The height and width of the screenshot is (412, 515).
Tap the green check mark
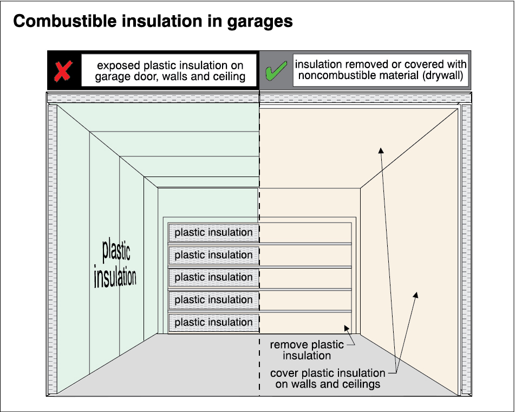click(276, 71)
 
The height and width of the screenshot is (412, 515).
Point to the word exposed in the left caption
click(119, 66)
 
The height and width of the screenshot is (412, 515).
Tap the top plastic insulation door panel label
click(213, 233)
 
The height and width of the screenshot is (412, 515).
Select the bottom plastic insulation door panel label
click(213, 323)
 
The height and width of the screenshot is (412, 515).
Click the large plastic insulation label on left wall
click(114, 265)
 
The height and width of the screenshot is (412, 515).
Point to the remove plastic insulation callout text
click(307, 350)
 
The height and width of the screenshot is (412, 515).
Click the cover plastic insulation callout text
click(328, 378)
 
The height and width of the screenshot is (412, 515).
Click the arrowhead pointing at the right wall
click(416, 296)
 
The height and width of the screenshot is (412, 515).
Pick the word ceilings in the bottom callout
click(359, 384)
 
